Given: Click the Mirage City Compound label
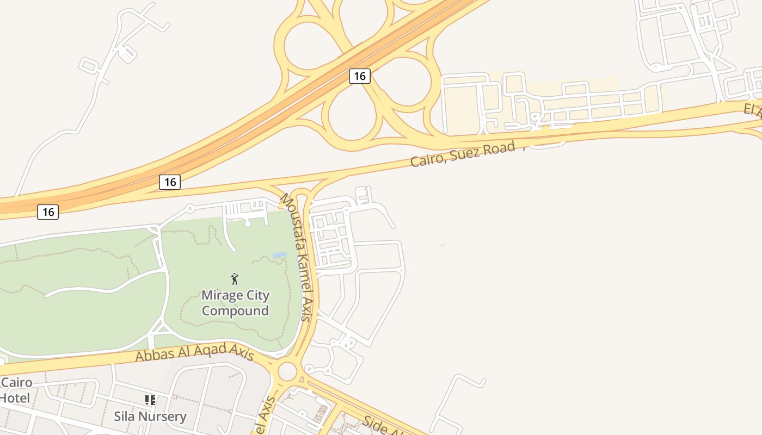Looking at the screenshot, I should [235, 303].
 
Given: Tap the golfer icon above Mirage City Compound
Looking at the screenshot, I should [235, 279].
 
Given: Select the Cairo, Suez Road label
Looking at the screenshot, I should [462, 154].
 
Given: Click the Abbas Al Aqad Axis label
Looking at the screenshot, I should [194, 355].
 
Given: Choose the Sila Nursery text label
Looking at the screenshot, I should [150, 417].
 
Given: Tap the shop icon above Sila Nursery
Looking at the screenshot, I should [150, 401].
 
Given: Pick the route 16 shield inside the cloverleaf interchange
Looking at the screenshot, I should [359, 76].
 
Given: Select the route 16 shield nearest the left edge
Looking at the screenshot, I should [48, 212].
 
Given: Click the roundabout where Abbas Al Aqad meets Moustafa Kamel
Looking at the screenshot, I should [287, 372].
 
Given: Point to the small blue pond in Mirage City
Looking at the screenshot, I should [280, 255].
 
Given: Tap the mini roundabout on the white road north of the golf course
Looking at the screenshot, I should [190, 208].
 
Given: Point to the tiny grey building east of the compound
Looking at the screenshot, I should [443, 245].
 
